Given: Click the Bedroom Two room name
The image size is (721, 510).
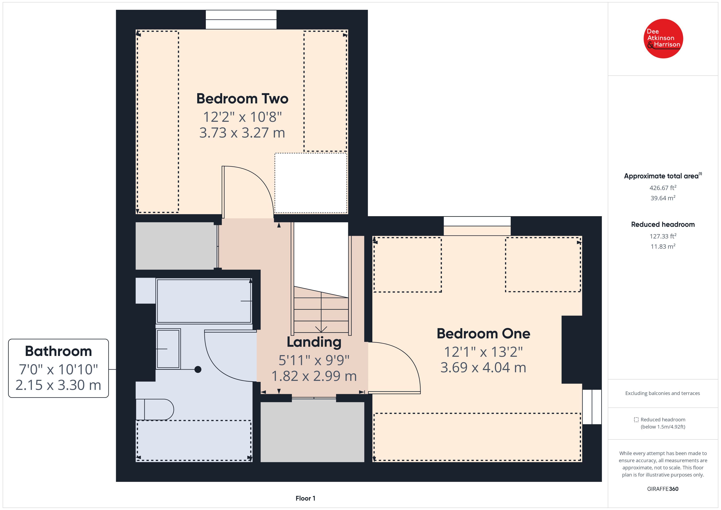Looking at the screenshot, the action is pos(242,99).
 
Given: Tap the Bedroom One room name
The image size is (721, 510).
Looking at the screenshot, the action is pos(483,333).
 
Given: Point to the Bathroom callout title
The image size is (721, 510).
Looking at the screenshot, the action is pos(58,351).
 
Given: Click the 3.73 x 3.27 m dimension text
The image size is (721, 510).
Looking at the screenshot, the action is pos(242,133).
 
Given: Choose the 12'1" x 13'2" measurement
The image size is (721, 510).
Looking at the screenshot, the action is pos(483,352).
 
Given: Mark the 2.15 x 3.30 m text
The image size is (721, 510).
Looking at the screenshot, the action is pos(58,385).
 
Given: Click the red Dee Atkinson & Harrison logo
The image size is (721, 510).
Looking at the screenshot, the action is pos(663,39).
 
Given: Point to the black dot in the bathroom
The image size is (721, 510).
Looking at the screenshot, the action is pos(198,369).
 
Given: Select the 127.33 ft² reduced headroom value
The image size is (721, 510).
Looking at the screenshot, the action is pos(663,236).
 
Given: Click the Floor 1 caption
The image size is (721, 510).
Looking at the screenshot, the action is pos(305,498).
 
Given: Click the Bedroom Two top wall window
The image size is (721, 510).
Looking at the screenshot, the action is pos(241,19).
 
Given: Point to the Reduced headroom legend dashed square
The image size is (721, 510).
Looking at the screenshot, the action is pos(636,419).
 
